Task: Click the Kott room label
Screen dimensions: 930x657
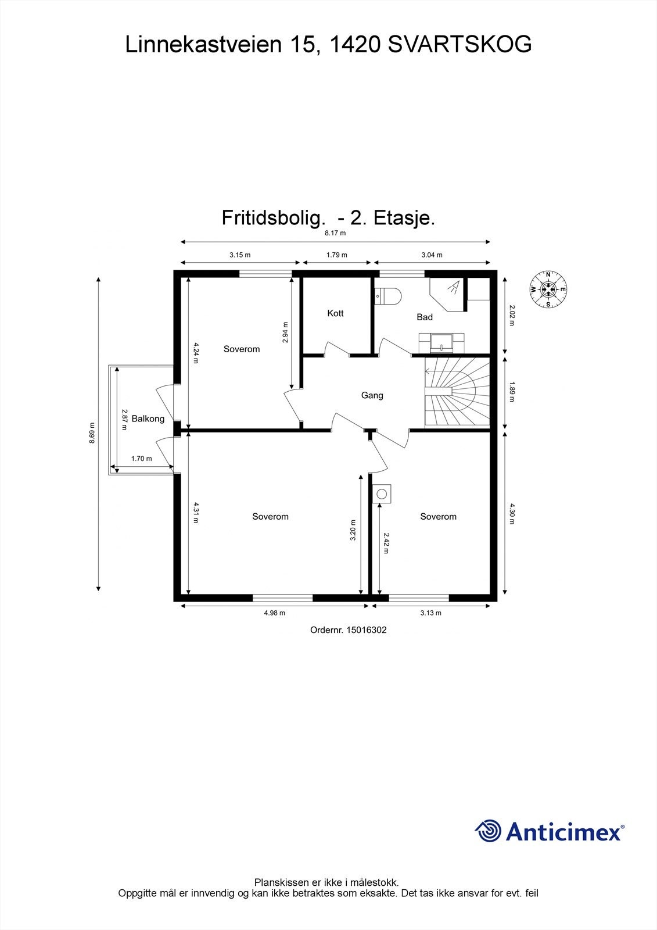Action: pyautogui.click(x=335, y=313)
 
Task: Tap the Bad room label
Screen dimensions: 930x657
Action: pyautogui.click(x=425, y=317)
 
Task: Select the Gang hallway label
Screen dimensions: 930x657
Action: pyautogui.click(x=372, y=395)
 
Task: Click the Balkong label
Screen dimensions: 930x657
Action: pyautogui.click(x=148, y=419)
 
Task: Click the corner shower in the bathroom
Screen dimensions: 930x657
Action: pyautogui.click(x=448, y=292)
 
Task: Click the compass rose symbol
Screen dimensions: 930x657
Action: pyautogui.click(x=548, y=289)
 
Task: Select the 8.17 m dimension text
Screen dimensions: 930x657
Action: pyautogui.click(x=335, y=233)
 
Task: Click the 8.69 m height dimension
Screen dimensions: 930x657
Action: pyautogui.click(x=92, y=433)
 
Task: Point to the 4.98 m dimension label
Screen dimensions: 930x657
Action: pyautogui.click(x=275, y=613)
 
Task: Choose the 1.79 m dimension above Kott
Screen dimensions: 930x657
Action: pyautogui.click(x=336, y=255)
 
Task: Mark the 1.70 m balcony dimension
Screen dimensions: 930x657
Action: pyautogui.click(x=141, y=459)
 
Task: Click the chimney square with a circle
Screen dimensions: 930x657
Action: pyautogui.click(x=382, y=494)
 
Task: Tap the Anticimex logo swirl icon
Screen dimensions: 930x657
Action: pyautogui.click(x=488, y=831)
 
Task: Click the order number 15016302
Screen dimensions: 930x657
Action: pyautogui.click(x=366, y=629)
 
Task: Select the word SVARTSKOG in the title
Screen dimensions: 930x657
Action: pyautogui.click(x=459, y=45)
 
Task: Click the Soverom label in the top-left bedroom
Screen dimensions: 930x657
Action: pyautogui.click(x=242, y=349)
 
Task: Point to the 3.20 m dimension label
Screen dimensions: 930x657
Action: pyautogui.click(x=353, y=531)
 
